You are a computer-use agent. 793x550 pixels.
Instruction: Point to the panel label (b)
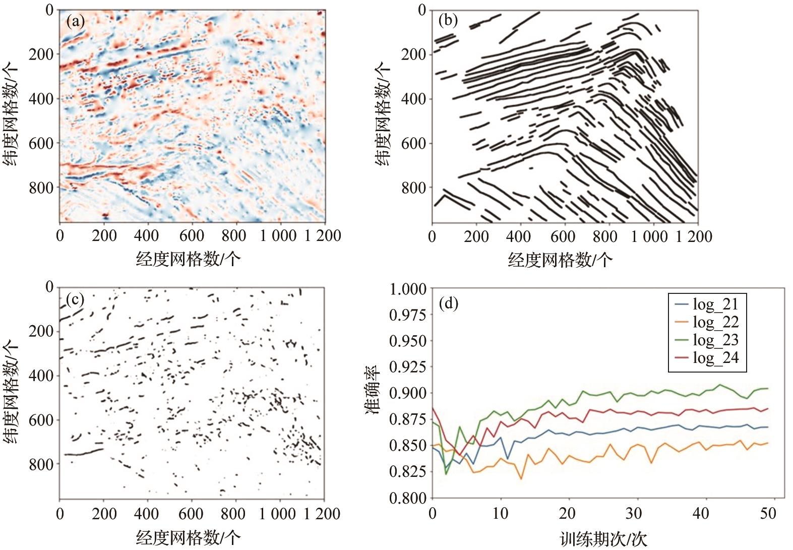click(x=448, y=21)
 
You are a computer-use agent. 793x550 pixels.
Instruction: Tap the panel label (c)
click(x=76, y=299)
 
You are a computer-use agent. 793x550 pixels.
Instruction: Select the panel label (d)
click(x=449, y=303)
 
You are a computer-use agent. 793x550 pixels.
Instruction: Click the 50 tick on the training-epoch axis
click(x=768, y=514)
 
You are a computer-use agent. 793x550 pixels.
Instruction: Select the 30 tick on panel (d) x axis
click(x=634, y=514)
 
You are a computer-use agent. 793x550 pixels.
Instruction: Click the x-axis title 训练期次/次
click(x=603, y=539)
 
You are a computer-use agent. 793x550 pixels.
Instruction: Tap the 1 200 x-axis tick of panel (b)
click(x=693, y=236)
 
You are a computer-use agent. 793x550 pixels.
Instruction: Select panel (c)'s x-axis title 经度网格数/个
click(x=188, y=537)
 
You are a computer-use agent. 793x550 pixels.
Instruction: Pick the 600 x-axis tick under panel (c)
click(x=192, y=514)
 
